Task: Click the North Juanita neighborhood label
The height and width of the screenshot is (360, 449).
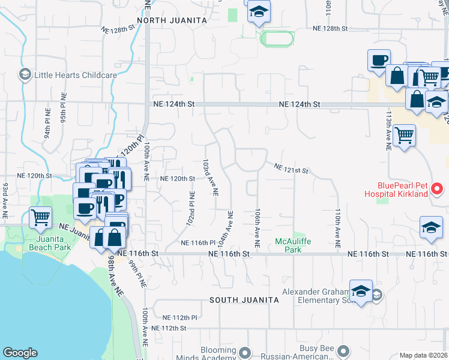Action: [172, 20]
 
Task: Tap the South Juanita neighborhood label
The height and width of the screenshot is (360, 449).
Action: [244, 299]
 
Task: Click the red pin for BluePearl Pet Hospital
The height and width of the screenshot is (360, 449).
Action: [437, 190]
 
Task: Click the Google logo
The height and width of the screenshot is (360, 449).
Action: [20, 353]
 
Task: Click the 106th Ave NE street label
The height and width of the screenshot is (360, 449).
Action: [257, 229]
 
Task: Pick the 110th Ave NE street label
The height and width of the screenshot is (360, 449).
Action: [337, 229]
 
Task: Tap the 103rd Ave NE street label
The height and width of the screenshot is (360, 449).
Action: [210, 178]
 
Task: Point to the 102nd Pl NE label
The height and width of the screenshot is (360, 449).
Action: [190, 208]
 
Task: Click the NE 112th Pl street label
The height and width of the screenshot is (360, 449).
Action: [180, 317]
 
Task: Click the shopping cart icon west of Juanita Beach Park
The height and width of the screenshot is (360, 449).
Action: [41, 217]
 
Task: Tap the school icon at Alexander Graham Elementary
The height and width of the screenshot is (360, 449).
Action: [360, 291]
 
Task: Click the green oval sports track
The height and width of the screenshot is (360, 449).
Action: [277, 39]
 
